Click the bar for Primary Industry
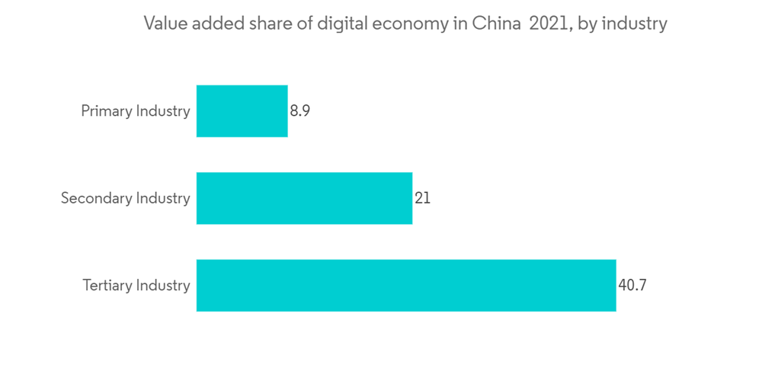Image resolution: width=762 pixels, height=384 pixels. pos(242,111)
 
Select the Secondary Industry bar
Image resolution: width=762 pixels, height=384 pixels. pos(304,198)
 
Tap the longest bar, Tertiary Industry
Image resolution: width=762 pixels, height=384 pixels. pos(406,286)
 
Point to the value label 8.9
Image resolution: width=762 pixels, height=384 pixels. pos(299,111)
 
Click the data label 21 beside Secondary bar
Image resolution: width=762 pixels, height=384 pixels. pos(422,198)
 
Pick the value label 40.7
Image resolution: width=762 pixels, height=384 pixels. pos(632,286)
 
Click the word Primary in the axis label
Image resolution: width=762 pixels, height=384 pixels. pos(107,111)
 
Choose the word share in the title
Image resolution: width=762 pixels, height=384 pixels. pos(267,24)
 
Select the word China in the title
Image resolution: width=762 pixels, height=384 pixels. pos(496,24)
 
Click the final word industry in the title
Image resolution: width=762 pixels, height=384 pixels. pos(635,24)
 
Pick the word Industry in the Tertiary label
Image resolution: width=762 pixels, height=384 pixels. pos(163,286)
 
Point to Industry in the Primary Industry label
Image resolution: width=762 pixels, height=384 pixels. pos(163,111)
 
